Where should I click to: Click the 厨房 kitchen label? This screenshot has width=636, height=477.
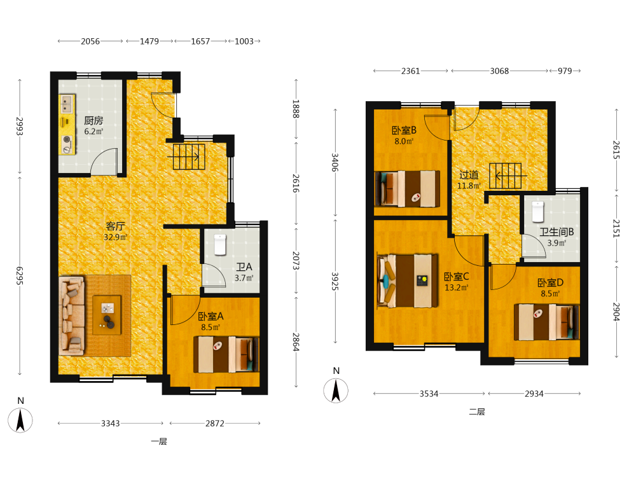(x=93, y=120)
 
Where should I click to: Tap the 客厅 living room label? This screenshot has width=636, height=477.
(x=115, y=226)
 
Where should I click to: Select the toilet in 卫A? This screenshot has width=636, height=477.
(x=220, y=245)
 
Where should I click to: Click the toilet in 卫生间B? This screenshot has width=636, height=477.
(x=537, y=211)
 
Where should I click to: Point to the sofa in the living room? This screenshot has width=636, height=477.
(x=72, y=315)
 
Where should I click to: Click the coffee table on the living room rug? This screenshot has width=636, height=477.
(x=107, y=315)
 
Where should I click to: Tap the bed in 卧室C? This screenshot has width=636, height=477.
(x=408, y=280)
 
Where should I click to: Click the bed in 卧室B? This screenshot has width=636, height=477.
(x=407, y=189)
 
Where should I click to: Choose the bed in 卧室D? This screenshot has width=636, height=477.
(x=546, y=322)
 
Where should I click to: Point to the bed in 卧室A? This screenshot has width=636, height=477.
(x=226, y=354)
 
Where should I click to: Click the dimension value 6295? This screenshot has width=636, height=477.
(x=20, y=276)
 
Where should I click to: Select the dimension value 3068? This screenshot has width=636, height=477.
(x=499, y=71)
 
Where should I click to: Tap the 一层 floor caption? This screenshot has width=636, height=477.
(x=159, y=441)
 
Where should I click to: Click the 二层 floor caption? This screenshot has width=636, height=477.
(x=477, y=411)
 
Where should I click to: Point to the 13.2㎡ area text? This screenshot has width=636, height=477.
(x=457, y=287)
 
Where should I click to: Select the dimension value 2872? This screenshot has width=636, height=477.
(x=215, y=424)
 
